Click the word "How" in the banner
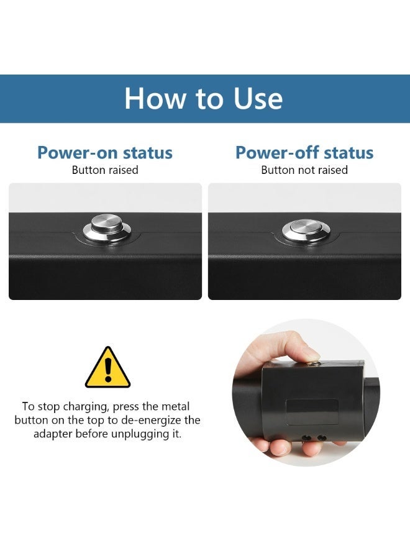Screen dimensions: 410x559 [155, 98]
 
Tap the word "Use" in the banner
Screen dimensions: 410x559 [258, 98]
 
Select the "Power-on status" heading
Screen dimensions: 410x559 [105, 153]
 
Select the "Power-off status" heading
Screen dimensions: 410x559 [304, 153]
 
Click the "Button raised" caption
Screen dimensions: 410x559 [105, 170]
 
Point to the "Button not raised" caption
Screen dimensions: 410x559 [304, 170]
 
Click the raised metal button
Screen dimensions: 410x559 [107, 227]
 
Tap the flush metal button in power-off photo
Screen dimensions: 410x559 [306, 230]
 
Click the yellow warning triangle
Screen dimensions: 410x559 [107, 367]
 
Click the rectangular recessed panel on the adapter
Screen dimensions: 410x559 [312, 411]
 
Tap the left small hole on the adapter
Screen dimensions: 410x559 [306, 437]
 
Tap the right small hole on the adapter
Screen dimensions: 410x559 [321, 437]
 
